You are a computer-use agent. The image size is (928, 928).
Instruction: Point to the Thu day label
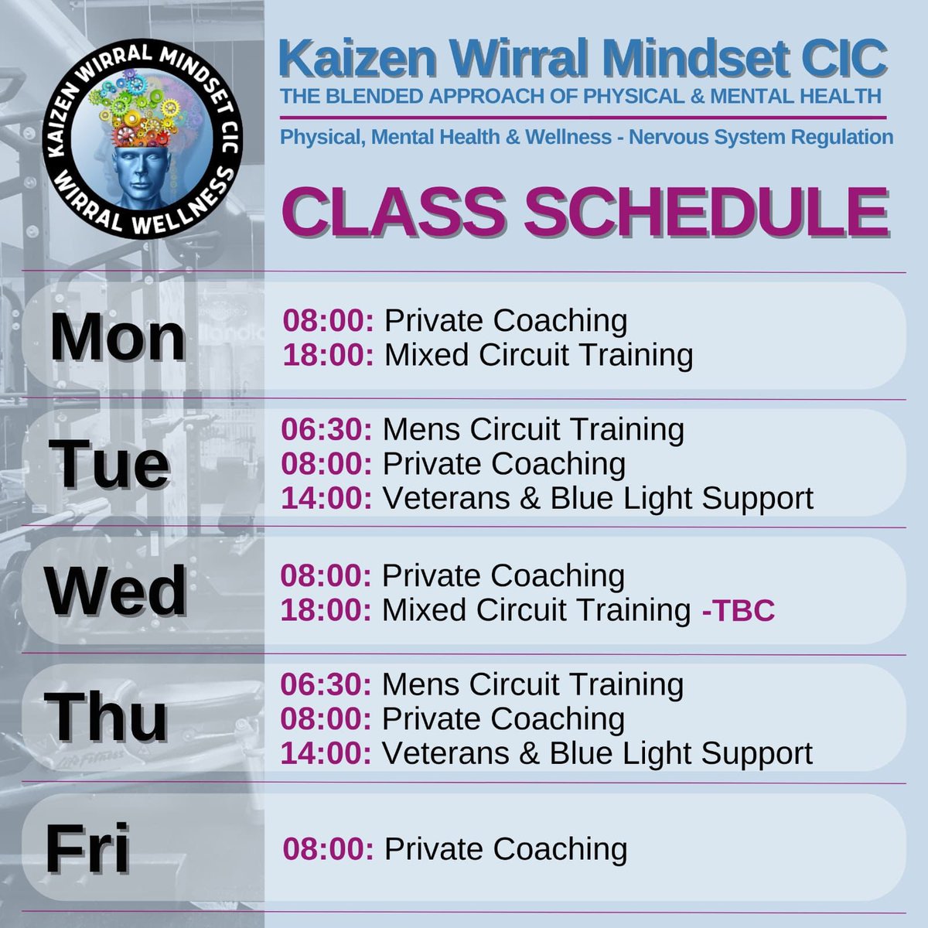[107, 718]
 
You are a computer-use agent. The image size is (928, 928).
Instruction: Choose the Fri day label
[87, 848]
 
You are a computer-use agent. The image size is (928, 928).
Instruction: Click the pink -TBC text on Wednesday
[738, 611]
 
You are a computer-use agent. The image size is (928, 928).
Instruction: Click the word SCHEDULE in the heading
[705, 212]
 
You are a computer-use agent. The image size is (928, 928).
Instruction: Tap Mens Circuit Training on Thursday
[533, 684]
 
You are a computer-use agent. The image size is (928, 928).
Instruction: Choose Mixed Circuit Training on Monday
[538, 355]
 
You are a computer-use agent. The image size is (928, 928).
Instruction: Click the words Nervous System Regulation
[761, 138]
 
